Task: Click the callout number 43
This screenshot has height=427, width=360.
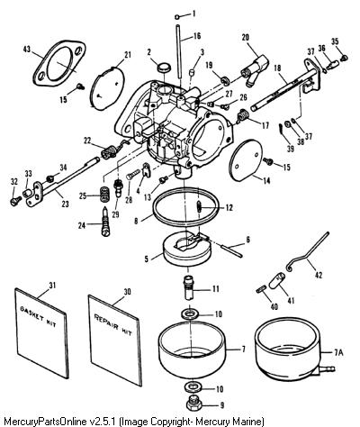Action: [x=27, y=49]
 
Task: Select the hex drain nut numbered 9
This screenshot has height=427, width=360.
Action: [x=193, y=404]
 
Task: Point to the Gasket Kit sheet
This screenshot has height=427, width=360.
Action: [x=40, y=332]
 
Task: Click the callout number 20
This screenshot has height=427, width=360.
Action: [x=246, y=37]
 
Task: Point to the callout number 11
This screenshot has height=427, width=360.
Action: [x=216, y=289]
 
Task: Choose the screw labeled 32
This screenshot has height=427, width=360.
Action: [x=15, y=200]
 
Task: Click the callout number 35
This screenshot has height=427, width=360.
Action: [x=335, y=41]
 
